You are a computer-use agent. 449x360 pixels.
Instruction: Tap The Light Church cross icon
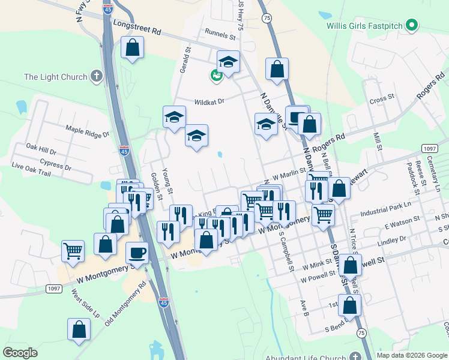[x=96, y=76]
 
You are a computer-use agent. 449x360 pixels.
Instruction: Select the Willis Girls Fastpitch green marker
[x=411, y=26]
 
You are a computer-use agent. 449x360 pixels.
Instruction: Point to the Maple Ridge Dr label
[x=88, y=132]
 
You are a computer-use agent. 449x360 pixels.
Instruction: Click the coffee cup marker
[x=137, y=252]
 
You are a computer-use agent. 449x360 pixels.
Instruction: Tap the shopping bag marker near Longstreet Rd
[x=132, y=47]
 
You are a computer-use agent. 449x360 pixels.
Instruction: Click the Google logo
[x=20, y=353]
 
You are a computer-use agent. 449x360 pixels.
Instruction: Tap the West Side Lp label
[x=85, y=304]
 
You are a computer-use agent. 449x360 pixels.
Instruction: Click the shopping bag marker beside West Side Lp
[x=79, y=329]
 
